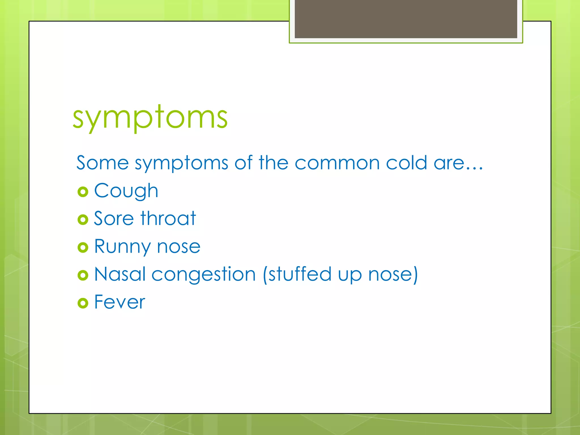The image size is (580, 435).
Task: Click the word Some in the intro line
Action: tap(103, 163)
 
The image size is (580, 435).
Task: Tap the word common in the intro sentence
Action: tap(337, 163)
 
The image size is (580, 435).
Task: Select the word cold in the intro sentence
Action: tap(406, 163)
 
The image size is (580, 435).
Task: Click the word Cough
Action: tap(126, 191)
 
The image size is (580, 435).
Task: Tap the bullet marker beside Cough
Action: tap(83, 192)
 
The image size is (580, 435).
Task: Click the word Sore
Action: tap(114, 219)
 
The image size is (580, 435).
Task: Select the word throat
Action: tap(168, 218)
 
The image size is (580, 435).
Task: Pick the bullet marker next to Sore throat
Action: tap(83, 219)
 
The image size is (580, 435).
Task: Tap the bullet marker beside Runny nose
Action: tap(83, 248)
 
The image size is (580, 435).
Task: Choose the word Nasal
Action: tap(120, 274)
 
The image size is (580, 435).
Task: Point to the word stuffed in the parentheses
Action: tap(300, 274)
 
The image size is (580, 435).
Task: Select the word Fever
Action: tap(120, 302)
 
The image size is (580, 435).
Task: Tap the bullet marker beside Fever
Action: tap(83, 303)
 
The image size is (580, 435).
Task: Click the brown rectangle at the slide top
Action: tap(406, 19)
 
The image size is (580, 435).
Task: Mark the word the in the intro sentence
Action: tap(273, 163)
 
